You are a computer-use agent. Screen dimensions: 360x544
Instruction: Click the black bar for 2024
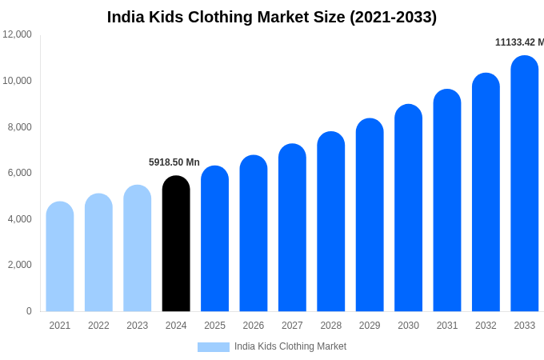click(x=176, y=244)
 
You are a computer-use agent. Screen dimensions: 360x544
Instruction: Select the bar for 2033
click(x=525, y=184)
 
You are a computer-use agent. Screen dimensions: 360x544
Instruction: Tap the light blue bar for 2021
click(x=60, y=257)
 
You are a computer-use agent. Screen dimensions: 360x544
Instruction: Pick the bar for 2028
click(x=331, y=222)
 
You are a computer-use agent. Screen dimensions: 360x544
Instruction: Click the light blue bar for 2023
click(x=138, y=249)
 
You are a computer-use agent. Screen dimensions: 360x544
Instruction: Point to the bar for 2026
click(x=254, y=234)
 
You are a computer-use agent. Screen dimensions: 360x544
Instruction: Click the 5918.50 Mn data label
click(x=174, y=162)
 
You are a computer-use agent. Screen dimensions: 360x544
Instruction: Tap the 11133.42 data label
click(x=518, y=42)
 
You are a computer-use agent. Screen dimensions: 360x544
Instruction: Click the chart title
click(x=272, y=17)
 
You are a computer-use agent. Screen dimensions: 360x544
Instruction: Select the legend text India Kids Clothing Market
click(x=290, y=346)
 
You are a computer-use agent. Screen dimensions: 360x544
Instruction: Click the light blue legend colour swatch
click(x=214, y=347)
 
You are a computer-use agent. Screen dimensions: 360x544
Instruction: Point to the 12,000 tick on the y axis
click(x=17, y=34)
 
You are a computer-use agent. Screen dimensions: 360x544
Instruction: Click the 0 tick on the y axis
click(x=29, y=311)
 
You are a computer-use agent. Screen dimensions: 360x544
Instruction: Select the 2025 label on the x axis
click(x=214, y=326)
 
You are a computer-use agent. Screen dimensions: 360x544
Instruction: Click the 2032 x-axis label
click(x=486, y=326)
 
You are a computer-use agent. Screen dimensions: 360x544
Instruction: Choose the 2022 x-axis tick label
click(x=98, y=326)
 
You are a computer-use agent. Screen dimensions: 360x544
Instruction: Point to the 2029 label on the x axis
click(x=370, y=326)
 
